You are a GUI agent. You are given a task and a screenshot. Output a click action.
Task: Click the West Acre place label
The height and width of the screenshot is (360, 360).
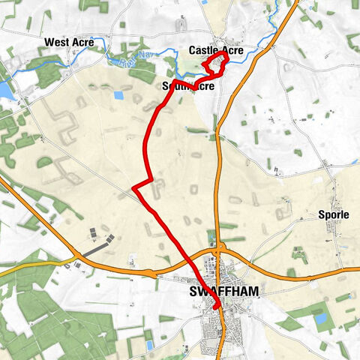[x=69, y=42]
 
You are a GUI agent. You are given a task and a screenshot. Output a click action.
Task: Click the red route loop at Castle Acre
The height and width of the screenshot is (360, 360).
[x=216, y=63]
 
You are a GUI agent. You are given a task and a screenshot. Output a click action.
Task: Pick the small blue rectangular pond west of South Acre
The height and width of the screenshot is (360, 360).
[x=118, y=95]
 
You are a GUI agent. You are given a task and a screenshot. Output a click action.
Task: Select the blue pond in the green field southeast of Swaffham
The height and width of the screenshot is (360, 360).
[x=322, y=319]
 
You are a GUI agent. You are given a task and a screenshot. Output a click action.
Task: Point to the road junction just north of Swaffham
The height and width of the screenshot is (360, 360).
[x=221, y=247]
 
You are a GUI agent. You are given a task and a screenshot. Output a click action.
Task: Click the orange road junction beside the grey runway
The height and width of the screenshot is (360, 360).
[x=76, y=263]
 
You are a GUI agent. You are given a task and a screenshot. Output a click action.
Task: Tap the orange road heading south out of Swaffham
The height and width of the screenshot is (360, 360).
[x=224, y=337]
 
